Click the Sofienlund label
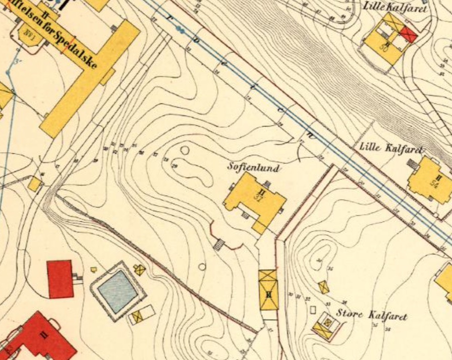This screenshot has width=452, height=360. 253,166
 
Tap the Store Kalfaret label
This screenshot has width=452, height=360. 372,316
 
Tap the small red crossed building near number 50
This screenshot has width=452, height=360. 409,34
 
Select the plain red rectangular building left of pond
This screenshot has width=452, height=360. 60,279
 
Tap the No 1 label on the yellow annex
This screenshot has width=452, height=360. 28,36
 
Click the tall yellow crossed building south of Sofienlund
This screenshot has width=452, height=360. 268,290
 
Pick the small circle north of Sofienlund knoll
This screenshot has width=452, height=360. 185,150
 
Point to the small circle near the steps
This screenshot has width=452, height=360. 202,267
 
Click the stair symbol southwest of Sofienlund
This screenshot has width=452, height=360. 219,245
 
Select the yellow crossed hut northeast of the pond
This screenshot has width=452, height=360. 139,270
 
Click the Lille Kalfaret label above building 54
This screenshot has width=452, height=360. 391,148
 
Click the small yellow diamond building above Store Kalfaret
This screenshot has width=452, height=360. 323,287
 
